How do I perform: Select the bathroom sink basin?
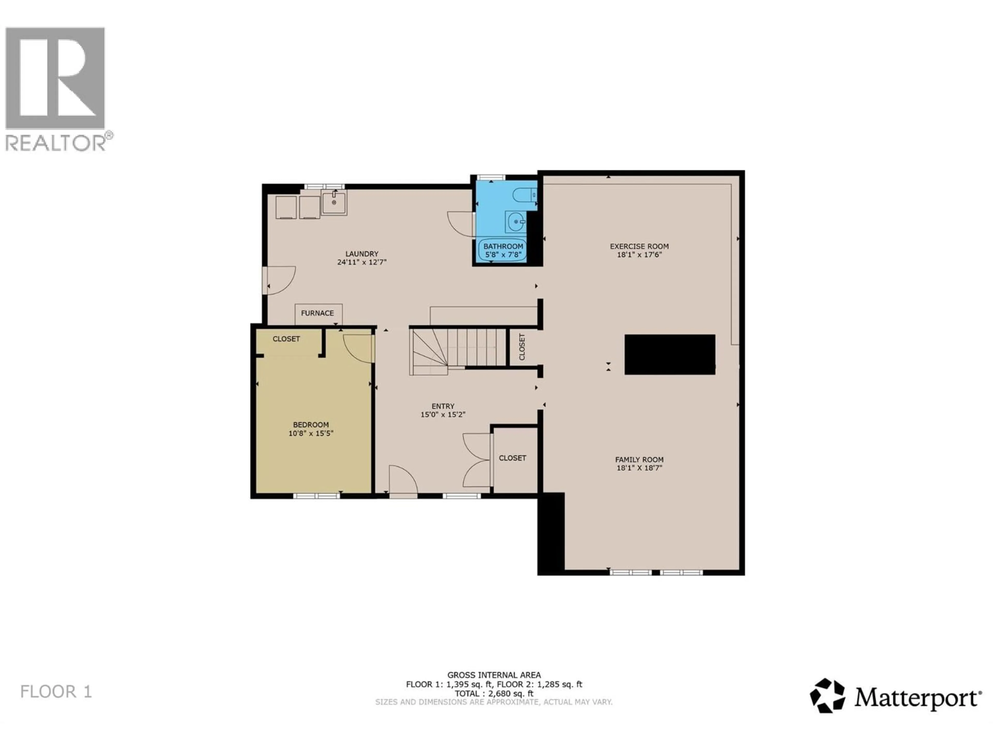516,221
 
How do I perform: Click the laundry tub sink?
334,203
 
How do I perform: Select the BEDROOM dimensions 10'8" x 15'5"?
311,433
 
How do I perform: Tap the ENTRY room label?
443,406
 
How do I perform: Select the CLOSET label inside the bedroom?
286,339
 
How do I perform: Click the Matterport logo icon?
827,696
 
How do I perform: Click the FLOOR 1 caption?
56,691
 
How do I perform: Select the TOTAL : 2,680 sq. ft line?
494,693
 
